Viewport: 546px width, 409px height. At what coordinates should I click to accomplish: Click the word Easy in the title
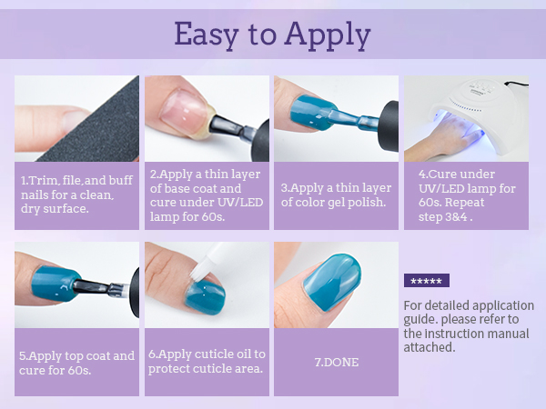pyautogui.click(x=207, y=35)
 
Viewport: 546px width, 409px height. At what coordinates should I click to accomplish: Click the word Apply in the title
pyautogui.click(x=328, y=35)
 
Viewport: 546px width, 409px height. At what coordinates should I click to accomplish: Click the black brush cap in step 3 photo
pyautogui.click(x=389, y=126)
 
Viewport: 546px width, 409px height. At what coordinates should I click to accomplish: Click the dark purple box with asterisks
pyautogui.click(x=427, y=280)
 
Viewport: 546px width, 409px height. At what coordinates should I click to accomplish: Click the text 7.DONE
pyautogui.click(x=337, y=362)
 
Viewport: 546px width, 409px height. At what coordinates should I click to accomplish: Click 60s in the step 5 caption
pyautogui.click(x=79, y=370)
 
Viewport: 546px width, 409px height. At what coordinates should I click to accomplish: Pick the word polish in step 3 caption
pyautogui.click(x=367, y=202)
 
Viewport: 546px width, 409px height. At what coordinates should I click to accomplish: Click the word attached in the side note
pyautogui.click(x=429, y=347)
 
